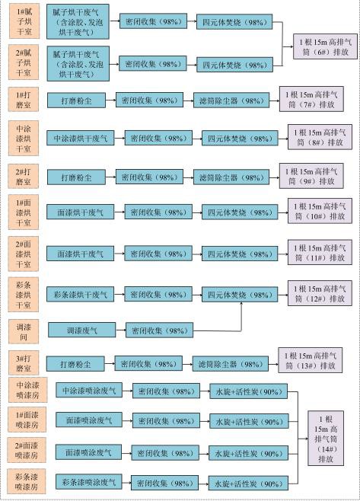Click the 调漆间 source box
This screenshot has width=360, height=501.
coord(24,331)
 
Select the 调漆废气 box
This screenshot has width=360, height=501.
coord(81,330)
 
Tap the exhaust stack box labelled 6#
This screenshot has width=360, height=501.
coord(325,46)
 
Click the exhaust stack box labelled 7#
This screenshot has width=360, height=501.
coord(311,99)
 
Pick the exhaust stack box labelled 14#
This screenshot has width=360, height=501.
coord(326,438)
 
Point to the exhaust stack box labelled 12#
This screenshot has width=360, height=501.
coord(320,293)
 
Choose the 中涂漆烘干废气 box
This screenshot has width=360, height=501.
coord(80,138)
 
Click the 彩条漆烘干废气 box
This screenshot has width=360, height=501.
coord(80,294)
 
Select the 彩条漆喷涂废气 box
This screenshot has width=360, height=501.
coord(89,482)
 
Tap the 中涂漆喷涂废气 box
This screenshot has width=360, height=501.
coord(89,390)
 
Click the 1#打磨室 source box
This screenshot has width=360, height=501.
coord(24,100)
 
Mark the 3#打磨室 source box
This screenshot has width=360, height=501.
coord(24,362)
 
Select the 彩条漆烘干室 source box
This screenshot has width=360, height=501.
coord(24,294)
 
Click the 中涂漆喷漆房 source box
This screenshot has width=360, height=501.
coord(28,390)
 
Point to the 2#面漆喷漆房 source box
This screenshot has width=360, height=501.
coord(27,450)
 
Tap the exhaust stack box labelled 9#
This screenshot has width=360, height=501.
coord(311,176)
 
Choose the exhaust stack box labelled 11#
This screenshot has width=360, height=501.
coord(320,252)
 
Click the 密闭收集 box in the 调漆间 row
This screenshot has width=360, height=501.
coord(159,330)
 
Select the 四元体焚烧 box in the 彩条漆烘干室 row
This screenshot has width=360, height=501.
coord(240,294)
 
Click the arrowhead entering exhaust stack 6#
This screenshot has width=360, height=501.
coord(292,46)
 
